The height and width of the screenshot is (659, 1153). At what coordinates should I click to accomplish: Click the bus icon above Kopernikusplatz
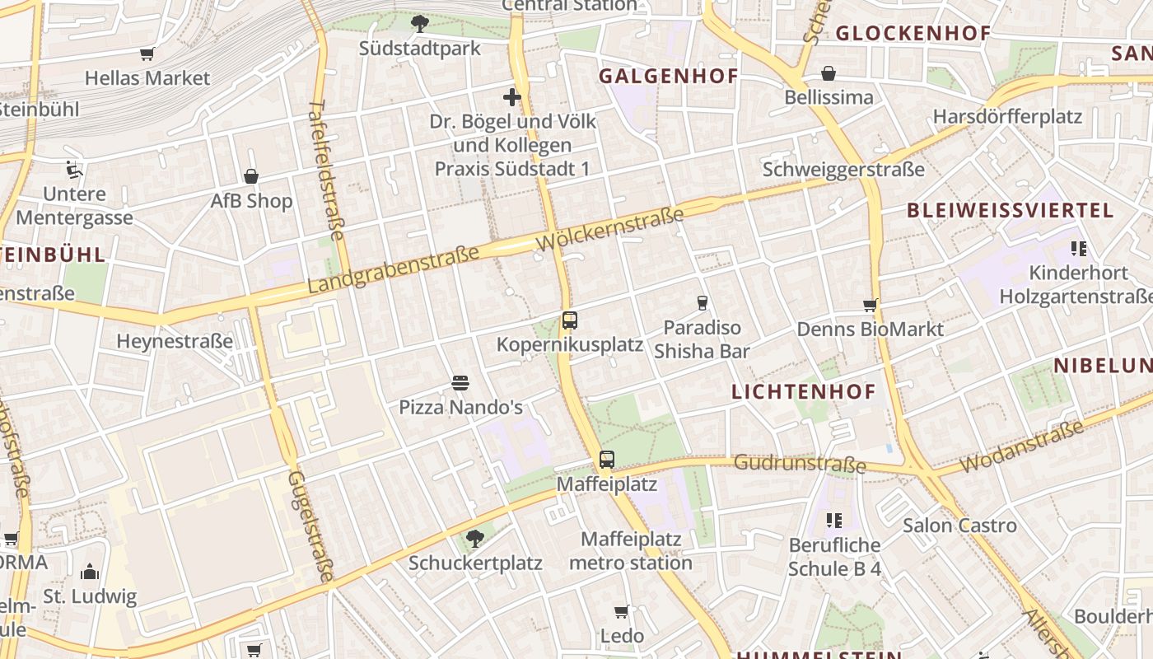(569, 320)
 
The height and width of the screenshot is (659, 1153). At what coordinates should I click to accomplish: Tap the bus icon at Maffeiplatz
(607, 460)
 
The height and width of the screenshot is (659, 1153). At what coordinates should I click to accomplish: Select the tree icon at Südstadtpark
(420, 23)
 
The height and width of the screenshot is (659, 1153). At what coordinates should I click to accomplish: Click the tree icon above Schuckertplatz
(474, 539)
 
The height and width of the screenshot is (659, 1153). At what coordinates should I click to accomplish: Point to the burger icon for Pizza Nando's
(460, 383)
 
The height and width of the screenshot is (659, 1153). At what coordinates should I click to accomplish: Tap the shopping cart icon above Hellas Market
(147, 54)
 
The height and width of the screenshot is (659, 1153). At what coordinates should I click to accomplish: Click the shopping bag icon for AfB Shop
(251, 176)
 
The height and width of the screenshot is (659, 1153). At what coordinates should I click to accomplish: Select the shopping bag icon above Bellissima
(829, 73)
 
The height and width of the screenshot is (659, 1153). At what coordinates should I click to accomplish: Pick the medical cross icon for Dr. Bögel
(512, 97)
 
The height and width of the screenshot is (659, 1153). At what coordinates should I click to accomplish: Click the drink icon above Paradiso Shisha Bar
(702, 303)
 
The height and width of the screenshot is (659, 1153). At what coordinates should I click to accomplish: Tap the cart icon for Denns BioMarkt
(870, 306)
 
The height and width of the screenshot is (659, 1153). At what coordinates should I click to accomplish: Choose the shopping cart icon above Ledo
(622, 611)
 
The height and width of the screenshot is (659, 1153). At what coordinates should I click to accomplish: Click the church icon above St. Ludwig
(90, 572)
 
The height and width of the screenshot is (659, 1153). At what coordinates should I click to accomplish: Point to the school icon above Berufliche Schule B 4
(834, 521)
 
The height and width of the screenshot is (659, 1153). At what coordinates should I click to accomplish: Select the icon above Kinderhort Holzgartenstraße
(1079, 248)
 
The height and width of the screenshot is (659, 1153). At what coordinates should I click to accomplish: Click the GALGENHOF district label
(668, 77)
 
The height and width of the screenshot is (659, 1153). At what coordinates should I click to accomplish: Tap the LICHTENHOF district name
(804, 392)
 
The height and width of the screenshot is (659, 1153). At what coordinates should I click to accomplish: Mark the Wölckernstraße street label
(610, 230)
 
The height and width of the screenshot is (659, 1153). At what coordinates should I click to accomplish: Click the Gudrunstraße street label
(800, 464)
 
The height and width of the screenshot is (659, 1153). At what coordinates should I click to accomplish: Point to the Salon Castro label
(959, 526)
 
